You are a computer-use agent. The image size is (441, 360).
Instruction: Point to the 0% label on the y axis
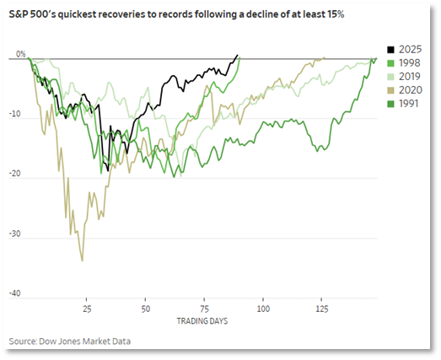coord(20,54)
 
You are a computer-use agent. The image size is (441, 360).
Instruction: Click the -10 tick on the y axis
coord(19,117)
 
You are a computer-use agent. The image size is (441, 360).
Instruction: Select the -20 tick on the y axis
coord(19,176)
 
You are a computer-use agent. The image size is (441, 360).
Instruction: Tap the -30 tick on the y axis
coord(19,236)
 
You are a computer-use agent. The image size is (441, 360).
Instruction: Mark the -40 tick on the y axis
coord(19,295)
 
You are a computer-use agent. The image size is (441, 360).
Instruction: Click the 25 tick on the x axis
coord(86,309)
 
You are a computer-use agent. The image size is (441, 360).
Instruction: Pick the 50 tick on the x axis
coord(145,309)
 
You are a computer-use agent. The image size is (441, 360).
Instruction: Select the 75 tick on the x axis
coord(204,309)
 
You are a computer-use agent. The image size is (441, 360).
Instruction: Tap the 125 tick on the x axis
coord(321,309)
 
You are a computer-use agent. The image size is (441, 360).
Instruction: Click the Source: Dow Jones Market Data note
coord(71,341)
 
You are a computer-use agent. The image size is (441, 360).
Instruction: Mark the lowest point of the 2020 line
coord(82,261)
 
